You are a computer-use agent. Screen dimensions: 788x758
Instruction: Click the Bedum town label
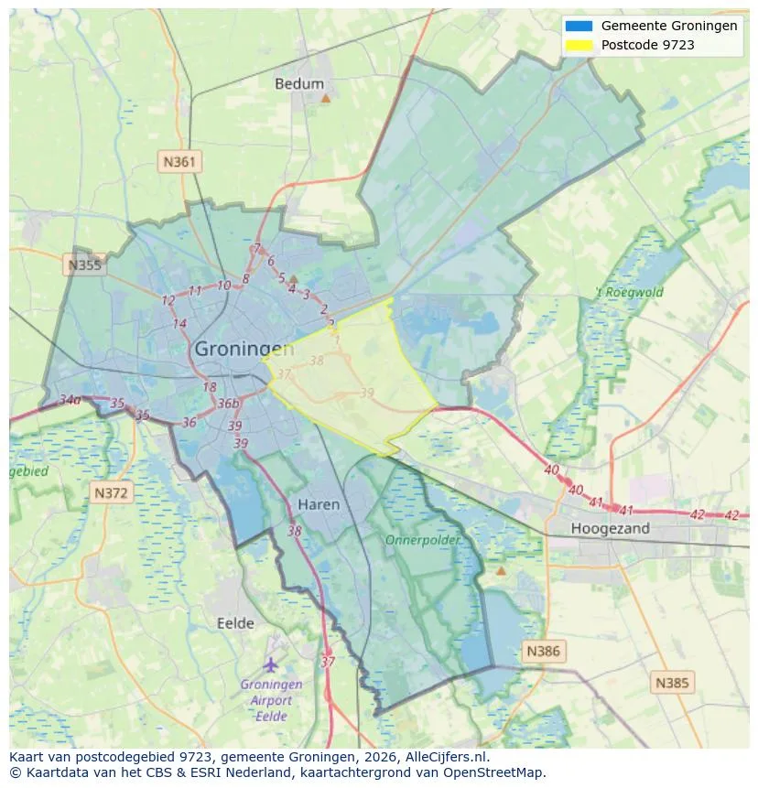click(x=299, y=84)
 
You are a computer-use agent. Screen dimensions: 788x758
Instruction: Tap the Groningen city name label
click(x=244, y=349)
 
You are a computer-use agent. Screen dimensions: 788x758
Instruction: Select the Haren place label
click(x=319, y=504)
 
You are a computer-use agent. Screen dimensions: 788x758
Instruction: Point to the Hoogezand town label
click(x=610, y=528)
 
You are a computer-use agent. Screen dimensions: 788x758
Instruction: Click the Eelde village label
click(x=235, y=623)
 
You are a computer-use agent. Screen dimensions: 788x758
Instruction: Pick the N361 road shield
click(x=179, y=162)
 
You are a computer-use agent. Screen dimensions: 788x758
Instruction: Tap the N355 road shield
click(x=84, y=265)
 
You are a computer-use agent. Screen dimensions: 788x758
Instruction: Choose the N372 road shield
click(x=113, y=493)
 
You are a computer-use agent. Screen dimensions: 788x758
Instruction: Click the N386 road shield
click(x=543, y=652)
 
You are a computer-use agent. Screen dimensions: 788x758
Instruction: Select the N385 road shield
click(x=673, y=682)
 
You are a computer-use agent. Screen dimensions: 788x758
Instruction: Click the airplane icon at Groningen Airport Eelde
click(x=271, y=664)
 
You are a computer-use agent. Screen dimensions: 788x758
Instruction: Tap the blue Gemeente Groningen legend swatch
click(x=579, y=27)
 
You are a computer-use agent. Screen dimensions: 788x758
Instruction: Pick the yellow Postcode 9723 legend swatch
click(x=579, y=45)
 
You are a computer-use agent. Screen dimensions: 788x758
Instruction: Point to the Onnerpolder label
click(x=422, y=540)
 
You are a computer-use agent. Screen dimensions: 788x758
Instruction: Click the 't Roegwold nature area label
click(x=630, y=293)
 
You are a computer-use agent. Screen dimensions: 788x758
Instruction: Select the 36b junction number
click(x=228, y=404)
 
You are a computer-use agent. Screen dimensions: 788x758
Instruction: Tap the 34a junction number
click(x=70, y=400)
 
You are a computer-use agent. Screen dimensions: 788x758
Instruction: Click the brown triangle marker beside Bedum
click(x=325, y=96)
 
